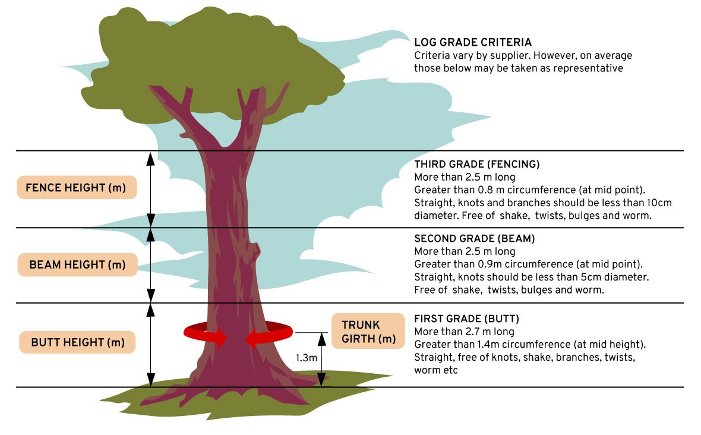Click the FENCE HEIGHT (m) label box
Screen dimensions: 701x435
(x=77, y=187)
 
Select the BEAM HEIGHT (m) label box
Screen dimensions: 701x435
(x=77, y=264)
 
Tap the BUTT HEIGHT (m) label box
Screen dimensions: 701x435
(x=77, y=342)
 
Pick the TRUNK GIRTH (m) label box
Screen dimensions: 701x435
(x=368, y=331)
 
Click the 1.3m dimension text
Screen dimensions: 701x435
(x=306, y=358)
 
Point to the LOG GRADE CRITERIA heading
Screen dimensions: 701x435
(x=473, y=42)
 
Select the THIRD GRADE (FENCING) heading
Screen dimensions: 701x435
(x=476, y=164)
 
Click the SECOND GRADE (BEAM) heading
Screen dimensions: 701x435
(x=474, y=238)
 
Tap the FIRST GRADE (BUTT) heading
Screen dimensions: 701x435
(x=466, y=319)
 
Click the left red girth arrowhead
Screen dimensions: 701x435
(x=219, y=339)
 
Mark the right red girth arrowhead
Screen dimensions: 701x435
(x=253, y=339)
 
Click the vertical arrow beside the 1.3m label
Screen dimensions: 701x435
(x=321, y=360)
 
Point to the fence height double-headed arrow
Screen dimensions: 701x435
(x=151, y=190)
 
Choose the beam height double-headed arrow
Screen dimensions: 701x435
(x=151, y=265)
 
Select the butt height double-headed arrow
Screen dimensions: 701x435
(x=151, y=345)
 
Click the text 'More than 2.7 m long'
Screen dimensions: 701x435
(x=464, y=332)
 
